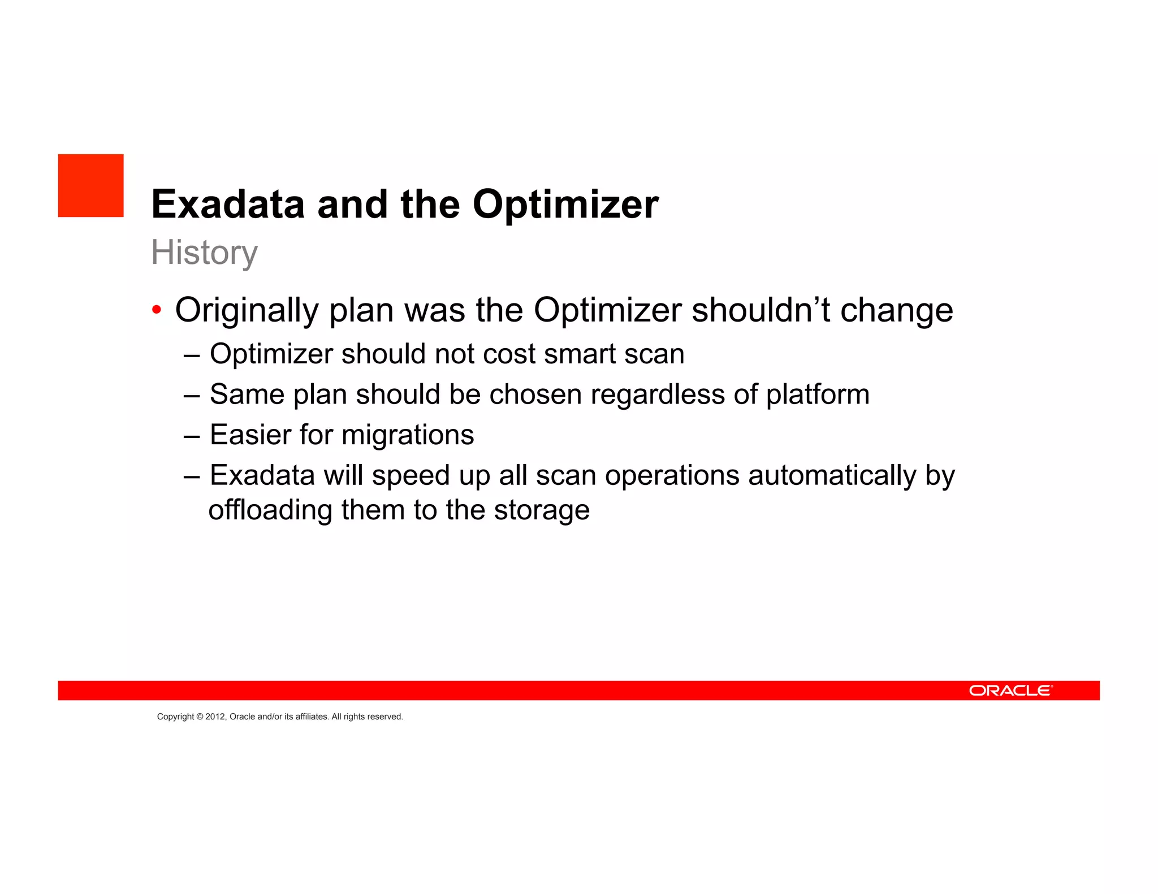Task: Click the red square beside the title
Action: pos(90,185)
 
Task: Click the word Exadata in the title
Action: pos(228,204)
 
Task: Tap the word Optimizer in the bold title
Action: pos(565,204)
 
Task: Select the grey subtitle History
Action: pos(204,252)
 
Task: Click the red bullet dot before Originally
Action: pos(157,310)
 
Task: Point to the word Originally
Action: pos(247,310)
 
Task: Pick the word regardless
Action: pos(658,394)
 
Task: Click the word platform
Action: pos(818,394)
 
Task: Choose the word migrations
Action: pos(408,435)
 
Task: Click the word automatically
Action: pos(832,476)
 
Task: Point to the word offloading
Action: pos(270,510)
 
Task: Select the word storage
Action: pos(542,510)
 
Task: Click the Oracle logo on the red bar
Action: pos(1010,691)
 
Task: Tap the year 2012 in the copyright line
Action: pos(215,717)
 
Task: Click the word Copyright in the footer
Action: pos(175,717)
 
